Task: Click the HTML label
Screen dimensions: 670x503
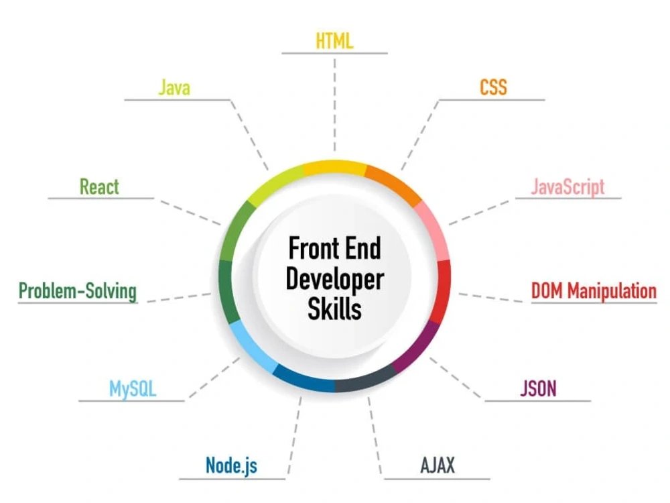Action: (334, 41)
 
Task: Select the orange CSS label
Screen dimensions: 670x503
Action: (493, 87)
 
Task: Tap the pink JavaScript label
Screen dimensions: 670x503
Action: (567, 187)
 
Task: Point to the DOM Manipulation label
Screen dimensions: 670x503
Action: (594, 291)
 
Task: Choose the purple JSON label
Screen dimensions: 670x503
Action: (539, 388)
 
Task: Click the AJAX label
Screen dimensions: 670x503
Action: (438, 465)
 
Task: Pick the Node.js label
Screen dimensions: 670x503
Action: (232, 465)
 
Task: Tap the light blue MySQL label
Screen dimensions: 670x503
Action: (133, 389)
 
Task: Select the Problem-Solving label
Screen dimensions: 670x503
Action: (77, 291)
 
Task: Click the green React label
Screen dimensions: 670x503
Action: (99, 187)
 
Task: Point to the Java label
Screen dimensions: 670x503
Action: (174, 88)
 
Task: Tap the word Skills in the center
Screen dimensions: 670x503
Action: (334, 309)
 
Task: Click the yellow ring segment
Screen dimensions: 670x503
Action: (335, 168)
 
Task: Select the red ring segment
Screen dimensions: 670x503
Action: (442, 291)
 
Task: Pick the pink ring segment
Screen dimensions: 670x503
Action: (435, 231)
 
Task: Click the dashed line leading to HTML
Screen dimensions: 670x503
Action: (334, 105)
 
